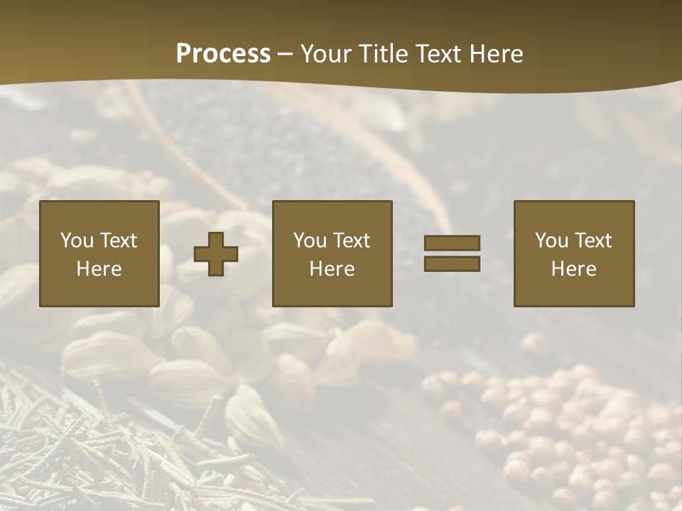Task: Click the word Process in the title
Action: click(223, 54)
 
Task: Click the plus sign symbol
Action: click(216, 254)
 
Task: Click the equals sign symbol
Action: click(452, 253)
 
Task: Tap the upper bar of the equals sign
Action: click(452, 243)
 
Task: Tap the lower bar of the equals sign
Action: click(452, 263)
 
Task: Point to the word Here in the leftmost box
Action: click(99, 269)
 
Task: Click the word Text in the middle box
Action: click(352, 241)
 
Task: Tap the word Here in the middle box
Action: click(332, 269)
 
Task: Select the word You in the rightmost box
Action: click(552, 241)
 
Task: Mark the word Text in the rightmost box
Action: click(594, 241)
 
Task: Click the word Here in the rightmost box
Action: click(573, 269)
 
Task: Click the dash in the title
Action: click(286, 55)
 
